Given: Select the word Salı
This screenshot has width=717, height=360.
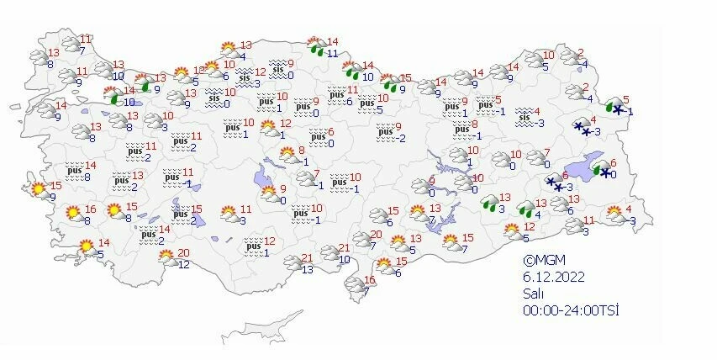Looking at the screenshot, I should click(532, 294).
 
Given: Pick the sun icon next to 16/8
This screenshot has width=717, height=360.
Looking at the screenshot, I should click(74, 214).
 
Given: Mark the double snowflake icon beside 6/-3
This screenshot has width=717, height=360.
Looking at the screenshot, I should click(556, 182).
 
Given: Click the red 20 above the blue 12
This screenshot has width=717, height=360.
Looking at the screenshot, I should click(184, 253).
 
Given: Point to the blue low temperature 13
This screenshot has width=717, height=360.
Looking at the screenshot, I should click(308, 269).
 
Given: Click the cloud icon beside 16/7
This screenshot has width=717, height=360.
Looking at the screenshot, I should click(354, 287).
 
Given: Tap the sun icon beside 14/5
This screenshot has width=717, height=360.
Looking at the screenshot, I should click(86, 247).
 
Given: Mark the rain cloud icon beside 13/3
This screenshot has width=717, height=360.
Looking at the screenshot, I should click(489, 203).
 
